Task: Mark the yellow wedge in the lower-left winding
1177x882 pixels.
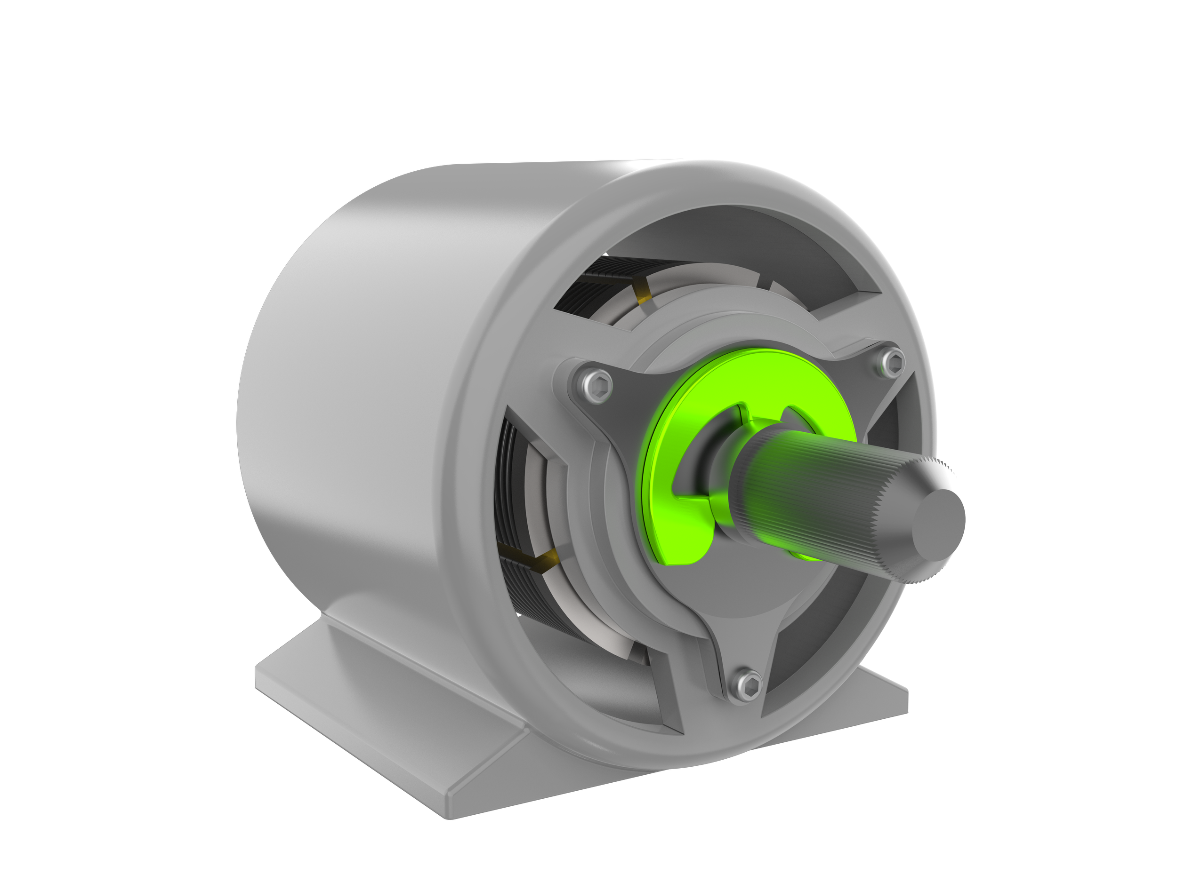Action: (548, 558)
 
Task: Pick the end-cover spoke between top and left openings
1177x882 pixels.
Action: (532, 372)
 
